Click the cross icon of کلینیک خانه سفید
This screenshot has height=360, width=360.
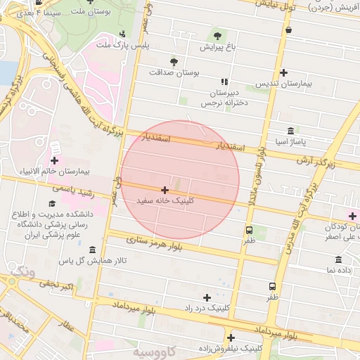(x=165, y=190)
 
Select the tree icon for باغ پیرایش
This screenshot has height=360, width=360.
(x=217, y=36)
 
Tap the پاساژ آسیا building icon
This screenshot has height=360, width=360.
(x=291, y=131)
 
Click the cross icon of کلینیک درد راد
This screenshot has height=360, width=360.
(x=207, y=297)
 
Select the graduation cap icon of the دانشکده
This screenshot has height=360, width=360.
(x=52, y=204)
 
